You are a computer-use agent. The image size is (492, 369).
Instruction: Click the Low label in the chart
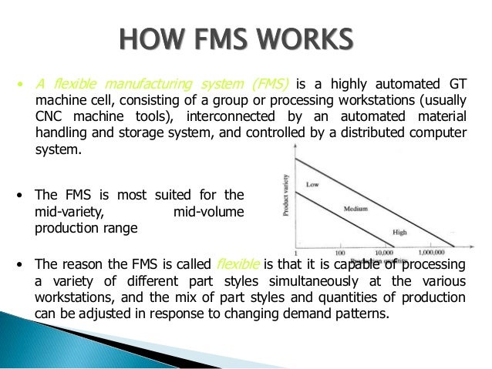313,185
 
